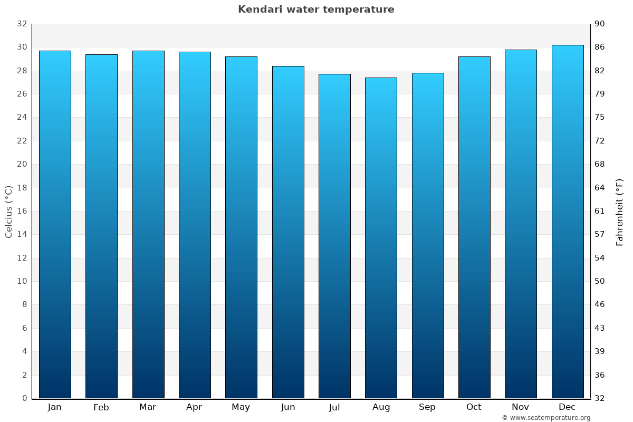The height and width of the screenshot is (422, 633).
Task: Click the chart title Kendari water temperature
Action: [316, 9]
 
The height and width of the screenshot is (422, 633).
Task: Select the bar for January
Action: [55, 224]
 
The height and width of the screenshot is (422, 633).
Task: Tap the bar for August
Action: [381, 237]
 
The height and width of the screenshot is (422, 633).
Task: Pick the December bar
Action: [567, 222]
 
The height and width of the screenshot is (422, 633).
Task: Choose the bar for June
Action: [288, 232]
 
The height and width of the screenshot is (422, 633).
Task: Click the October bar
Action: [474, 227]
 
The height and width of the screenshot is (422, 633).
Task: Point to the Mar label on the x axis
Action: [148, 407]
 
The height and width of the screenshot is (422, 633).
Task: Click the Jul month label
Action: [334, 407]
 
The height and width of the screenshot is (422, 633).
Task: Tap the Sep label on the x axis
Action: [427, 407]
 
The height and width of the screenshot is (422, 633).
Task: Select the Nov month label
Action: [521, 407]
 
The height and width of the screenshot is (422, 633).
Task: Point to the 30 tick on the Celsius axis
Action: [22, 47]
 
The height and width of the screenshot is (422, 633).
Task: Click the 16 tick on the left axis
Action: [22, 211]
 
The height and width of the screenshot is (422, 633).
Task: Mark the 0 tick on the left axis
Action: [24, 398]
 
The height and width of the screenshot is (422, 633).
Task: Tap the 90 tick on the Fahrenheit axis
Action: [600, 24]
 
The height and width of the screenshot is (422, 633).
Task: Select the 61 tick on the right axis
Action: [600, 211]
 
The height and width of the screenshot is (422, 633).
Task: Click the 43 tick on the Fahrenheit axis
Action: [600, 328]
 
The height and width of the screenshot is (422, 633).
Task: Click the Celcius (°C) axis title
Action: [9, 211]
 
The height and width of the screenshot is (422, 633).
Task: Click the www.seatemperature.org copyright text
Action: [546, 418]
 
